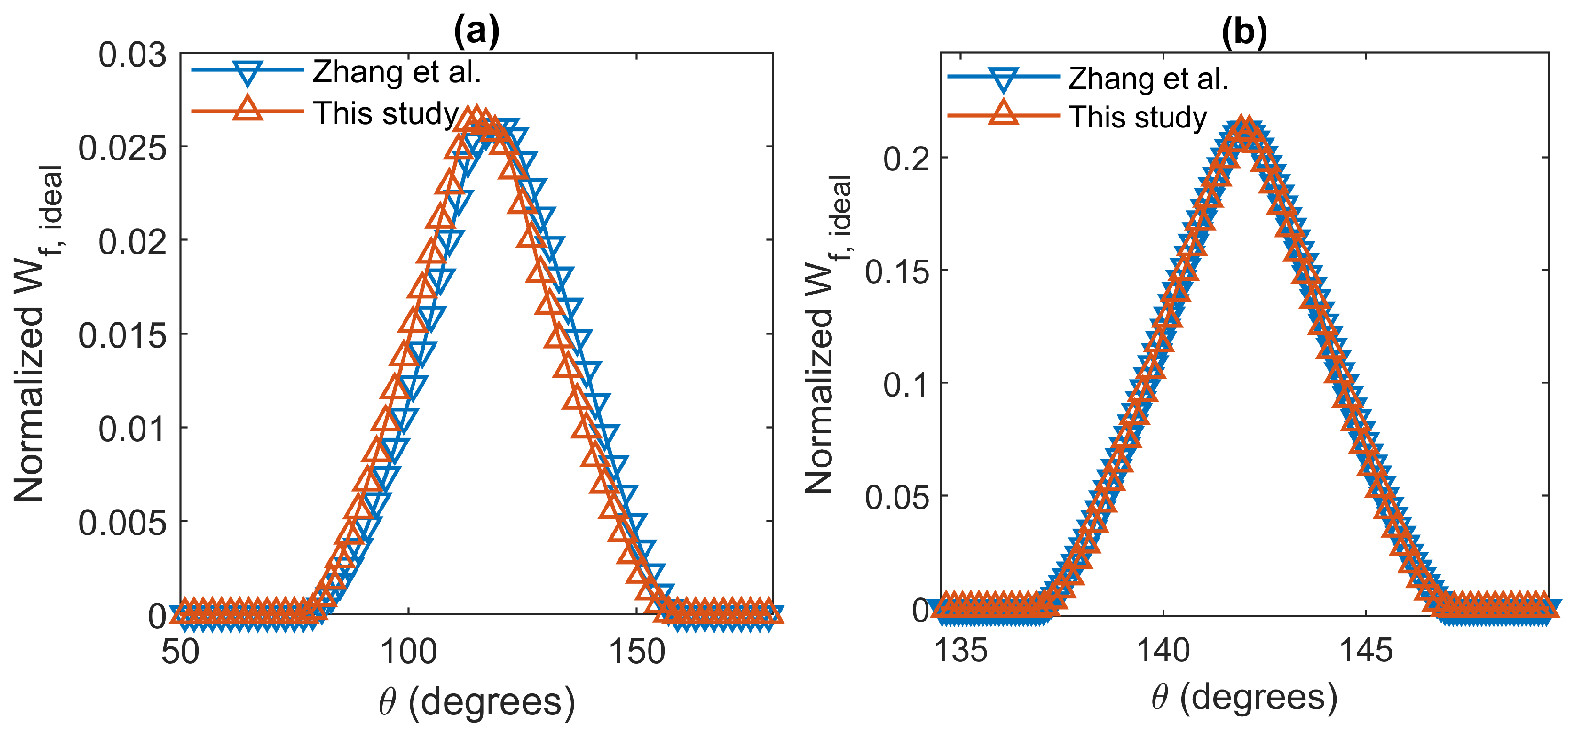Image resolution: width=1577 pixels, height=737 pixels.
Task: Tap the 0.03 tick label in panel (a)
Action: [x=132, y=55]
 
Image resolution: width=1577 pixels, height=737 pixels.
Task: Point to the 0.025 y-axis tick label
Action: [x=123, y=148]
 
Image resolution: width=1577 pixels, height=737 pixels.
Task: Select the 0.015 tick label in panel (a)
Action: [x=123, y=336]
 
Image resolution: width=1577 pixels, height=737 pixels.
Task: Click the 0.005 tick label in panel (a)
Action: [x=123, y=523]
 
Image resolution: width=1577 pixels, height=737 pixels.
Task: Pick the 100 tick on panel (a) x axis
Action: [x=408, y=651]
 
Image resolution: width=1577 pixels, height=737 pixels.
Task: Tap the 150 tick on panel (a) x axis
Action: [x=637, y=651]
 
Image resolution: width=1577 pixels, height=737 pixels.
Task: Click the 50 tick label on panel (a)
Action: [x=180, y=651]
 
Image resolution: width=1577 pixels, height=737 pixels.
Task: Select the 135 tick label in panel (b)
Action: [x=961, y=649]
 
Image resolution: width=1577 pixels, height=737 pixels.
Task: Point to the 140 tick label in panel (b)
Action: [x=1163, y=649]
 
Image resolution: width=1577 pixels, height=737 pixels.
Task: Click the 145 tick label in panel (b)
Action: [x=1366, y=649]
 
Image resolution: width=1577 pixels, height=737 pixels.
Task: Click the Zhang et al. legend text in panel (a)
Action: [x=397, y=72]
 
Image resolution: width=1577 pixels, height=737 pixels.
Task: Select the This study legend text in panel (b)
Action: [x=1138, y=117]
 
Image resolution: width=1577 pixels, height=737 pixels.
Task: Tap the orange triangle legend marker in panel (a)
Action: [x=248, y=110]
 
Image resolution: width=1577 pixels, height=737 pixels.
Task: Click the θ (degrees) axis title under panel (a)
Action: [x=476, y=702]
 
